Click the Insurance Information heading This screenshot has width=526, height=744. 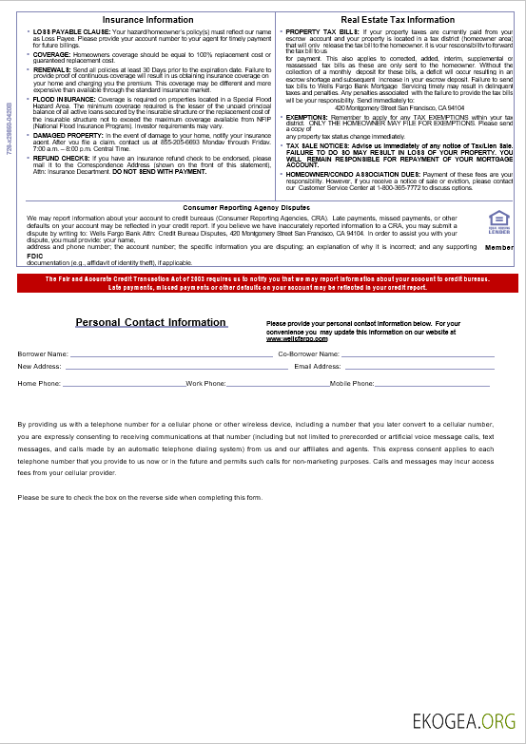tap(147, 19)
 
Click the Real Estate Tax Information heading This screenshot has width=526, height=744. tap(397, 19)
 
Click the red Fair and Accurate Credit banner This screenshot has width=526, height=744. tap(263, 282)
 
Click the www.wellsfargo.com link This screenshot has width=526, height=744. tap(289, 337)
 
